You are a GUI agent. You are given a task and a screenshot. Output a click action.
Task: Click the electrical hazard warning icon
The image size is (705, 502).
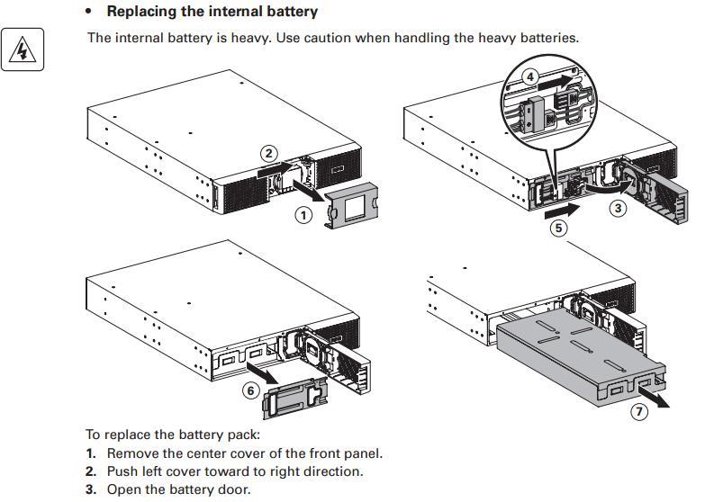(22, 50)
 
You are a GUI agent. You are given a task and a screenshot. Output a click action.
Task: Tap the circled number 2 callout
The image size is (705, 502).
(269, 154)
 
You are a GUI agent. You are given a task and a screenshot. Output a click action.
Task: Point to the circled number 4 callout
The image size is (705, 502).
(531, 77)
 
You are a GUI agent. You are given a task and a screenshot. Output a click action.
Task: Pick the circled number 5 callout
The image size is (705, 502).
(559, 229)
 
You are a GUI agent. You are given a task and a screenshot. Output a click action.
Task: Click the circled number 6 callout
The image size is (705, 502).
(251, 390)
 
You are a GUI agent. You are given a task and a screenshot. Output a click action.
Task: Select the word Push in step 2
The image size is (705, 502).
(122, 471)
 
